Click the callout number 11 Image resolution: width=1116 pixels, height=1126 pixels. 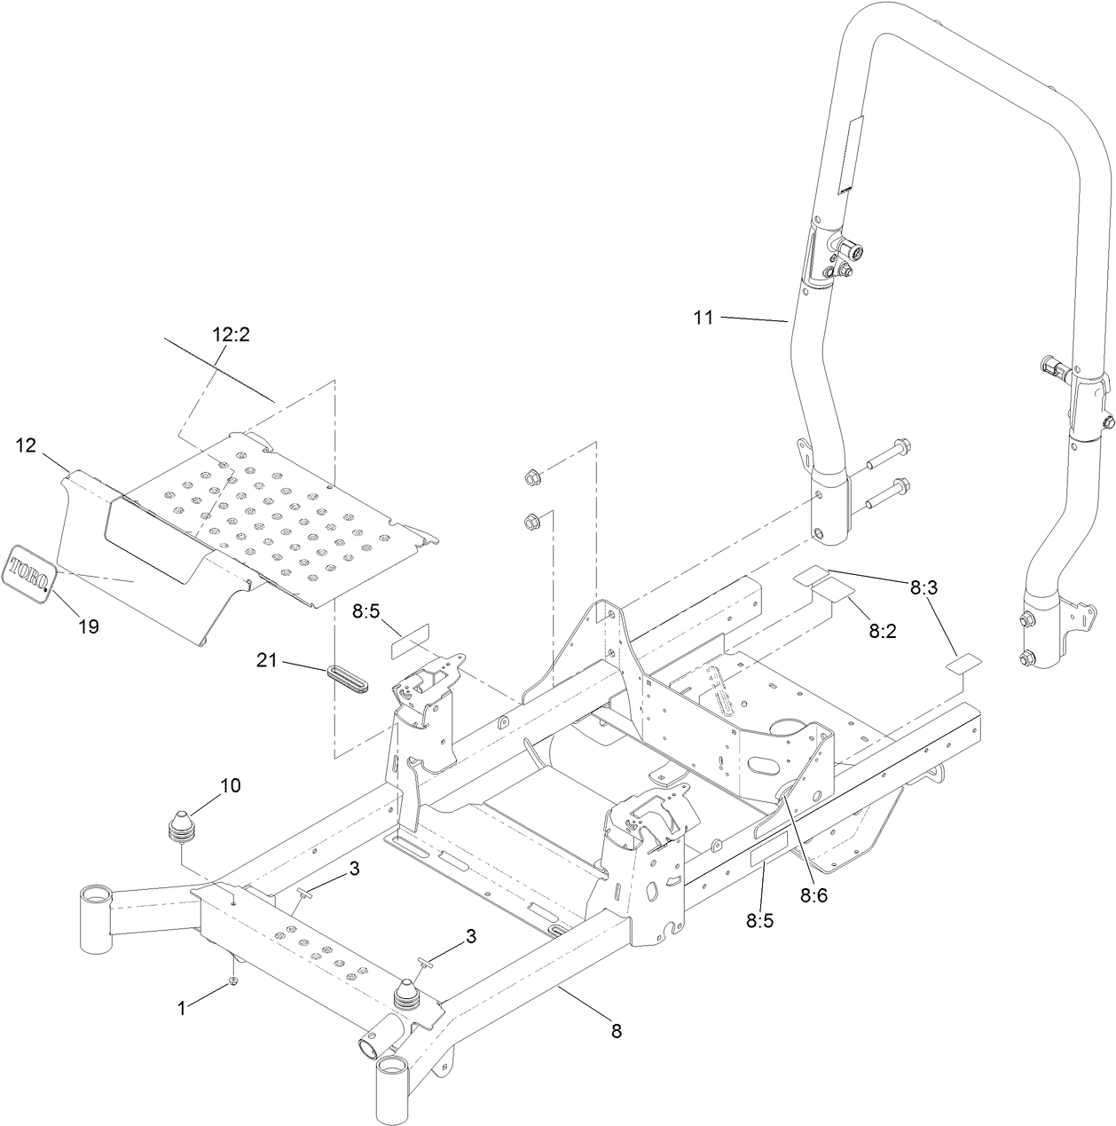[703, 318]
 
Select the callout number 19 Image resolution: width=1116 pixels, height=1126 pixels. [88, 626]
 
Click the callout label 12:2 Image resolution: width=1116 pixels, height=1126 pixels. [231, 335]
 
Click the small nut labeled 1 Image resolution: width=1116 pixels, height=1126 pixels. [232, 980]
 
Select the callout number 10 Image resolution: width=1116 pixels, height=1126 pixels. [230, 785]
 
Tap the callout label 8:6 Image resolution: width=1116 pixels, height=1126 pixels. [813, 895]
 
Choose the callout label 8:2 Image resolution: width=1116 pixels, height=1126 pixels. [884, 631]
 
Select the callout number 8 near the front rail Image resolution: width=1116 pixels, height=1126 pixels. [616, 1031]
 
